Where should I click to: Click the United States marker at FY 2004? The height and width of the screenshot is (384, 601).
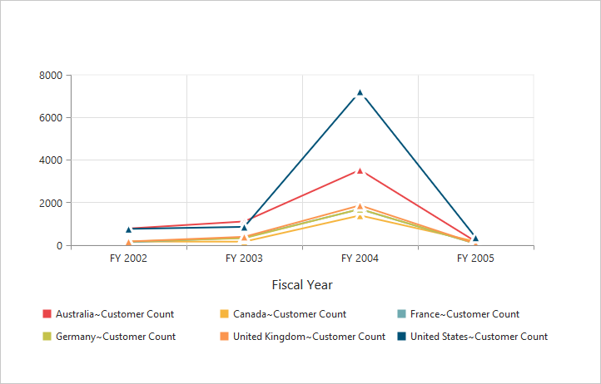click(x=360, y=93)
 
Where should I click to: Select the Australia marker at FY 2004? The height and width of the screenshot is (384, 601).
click(x=360, y=170)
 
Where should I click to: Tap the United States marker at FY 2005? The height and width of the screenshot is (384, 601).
click(x=475, y=238)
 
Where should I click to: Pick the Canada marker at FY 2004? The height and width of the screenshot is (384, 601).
click(x=360, y=216)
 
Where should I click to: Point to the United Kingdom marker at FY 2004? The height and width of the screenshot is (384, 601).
click(x=360, y=205)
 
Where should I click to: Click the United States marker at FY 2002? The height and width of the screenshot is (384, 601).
click(x=129, y=229)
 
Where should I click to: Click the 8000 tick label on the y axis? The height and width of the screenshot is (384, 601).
click(x=51, y=76)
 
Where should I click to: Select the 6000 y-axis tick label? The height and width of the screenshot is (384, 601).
click(x=51, y=118)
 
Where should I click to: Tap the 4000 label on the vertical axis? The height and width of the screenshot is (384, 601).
click(x=51, y=160)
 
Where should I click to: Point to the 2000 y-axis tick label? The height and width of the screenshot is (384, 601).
click(x=51, y=203)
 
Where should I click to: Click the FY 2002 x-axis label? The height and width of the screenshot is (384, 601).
click(x=129, y=259)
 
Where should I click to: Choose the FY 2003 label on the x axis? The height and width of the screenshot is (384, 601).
click(x=244, y=259)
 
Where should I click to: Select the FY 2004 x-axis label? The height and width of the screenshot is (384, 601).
click(x=360, y=259)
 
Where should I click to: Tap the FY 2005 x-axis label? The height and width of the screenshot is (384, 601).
click(x=475, y=259)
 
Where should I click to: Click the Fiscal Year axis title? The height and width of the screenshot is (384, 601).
click(x=302, y=285)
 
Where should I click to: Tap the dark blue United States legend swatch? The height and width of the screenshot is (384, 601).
click(x=402, y=337)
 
